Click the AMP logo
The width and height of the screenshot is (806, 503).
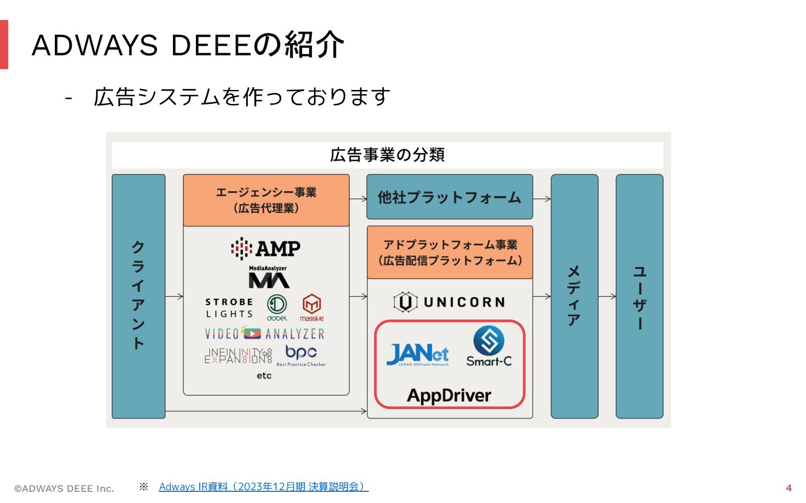click(266, 248)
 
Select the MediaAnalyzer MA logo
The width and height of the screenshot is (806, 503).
click(269, 277)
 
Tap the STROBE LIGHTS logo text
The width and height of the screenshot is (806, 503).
click(229, 308)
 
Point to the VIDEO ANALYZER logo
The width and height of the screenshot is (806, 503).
click(265, 334)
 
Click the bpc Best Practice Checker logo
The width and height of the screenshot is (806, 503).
click(301, 355)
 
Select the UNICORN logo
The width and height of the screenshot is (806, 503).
click(449, 302)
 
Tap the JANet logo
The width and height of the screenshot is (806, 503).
click(418, 354)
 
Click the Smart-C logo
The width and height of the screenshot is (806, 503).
click(489, 347)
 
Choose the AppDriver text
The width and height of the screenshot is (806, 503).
click(449, 396)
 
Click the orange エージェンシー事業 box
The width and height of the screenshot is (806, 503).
click(266, 200)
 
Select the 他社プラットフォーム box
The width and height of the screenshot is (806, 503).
click(449, 197)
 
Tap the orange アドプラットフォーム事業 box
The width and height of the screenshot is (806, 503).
click(450, 253)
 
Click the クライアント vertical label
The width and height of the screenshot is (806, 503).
click(138, 296)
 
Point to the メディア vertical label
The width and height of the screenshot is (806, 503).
click(574, 296)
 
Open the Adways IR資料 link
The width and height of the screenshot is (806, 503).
click(263, 487)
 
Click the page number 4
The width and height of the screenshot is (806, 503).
click(789, 488)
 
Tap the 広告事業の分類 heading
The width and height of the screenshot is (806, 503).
click(387, 155)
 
